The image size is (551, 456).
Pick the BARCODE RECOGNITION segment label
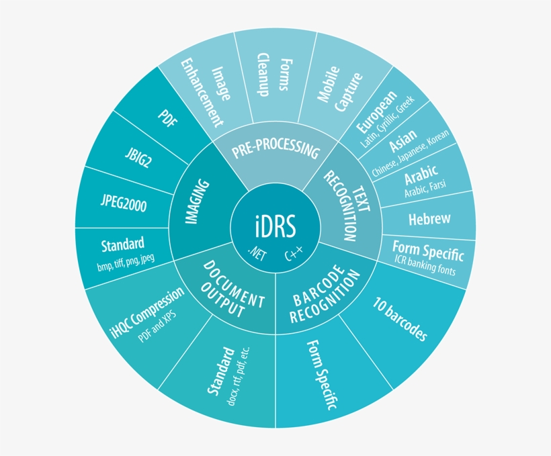pyautogui.click(x=325, y=293)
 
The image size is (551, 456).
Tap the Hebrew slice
pyautogui.click(x=429, y=220)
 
